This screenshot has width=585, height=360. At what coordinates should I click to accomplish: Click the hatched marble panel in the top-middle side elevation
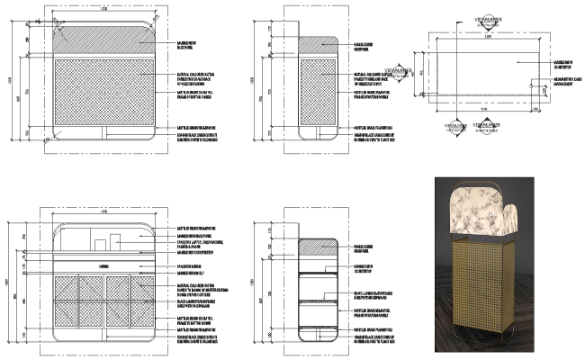click(317, 46)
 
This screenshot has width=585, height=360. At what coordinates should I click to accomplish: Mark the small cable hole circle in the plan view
click(544, 85)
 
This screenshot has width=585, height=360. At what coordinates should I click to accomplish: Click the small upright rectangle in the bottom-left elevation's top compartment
click(116, 241)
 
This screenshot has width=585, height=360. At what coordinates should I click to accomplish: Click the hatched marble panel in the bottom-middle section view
click(317, 250)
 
